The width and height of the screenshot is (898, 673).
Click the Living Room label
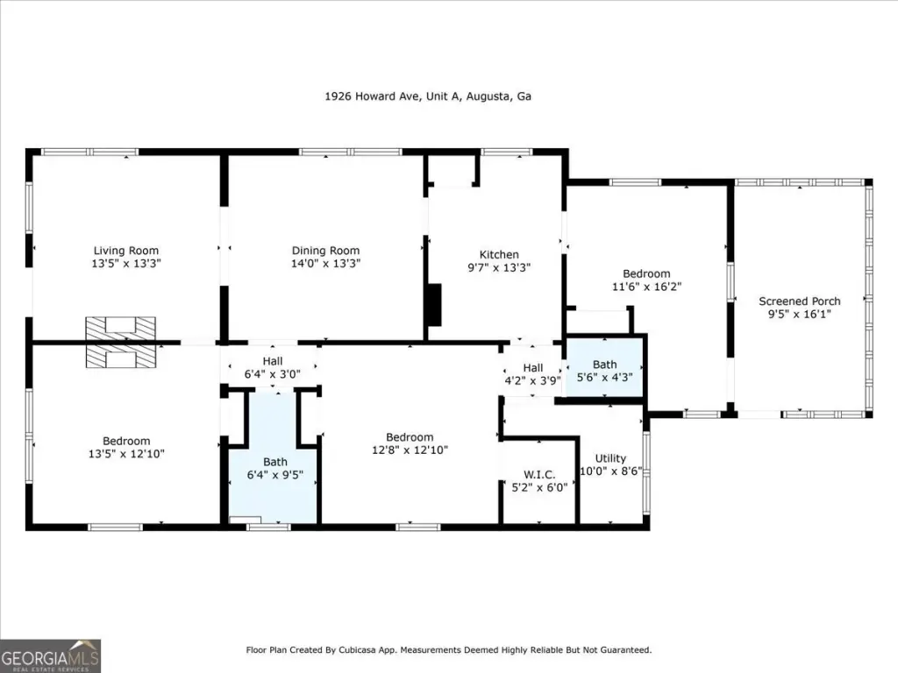click(x=126, y=251)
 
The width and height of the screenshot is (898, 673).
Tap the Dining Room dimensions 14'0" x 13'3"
click(x=326, y=264)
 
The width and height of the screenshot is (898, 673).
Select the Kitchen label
click(x=499, y=255)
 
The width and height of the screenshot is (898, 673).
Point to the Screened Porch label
click(x=800, y=301)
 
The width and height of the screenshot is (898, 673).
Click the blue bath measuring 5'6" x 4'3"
click(x=605, y=367)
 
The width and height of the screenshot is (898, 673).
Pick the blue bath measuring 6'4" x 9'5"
click(x=274, y=457)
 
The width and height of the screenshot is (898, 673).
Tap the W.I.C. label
click(x=539, y=474)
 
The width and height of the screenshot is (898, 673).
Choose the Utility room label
click(x=610, y=458)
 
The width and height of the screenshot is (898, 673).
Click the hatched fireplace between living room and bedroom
click(x=120, y=343)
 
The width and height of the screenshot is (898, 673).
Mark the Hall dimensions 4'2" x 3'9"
click(x=532, y=380)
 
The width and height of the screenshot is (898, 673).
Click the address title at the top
click(x=428, y=96)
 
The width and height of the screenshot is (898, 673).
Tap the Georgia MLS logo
click(x=50, y=655)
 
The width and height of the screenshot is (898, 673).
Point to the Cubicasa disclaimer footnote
click(x=449, y=650)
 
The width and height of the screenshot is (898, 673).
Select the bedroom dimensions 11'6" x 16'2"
click(x=646, y=287)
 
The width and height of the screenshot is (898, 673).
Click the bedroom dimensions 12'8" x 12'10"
click(x=410, y=450)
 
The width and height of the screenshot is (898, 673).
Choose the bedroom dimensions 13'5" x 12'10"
click(x=126, y=454)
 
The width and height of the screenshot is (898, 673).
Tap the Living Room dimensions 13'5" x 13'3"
click(x=126, y=264)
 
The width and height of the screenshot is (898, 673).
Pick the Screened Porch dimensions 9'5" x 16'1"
click(x=800, y=315)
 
